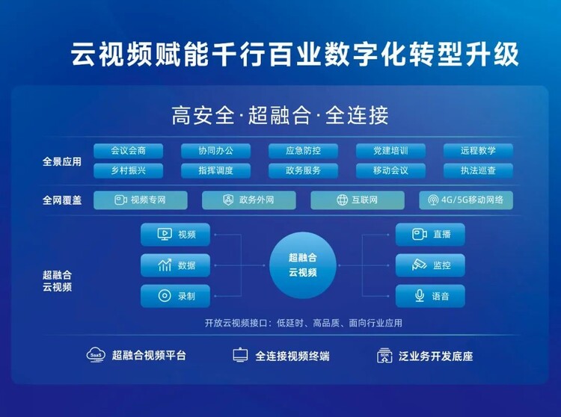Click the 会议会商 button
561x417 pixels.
[x=128, y=151]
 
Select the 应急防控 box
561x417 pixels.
[x=303, y=151]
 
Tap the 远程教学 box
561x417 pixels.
[x=478, y=151]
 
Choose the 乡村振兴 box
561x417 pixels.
[x=128, y=170]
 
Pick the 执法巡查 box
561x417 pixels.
[x=478, y=170]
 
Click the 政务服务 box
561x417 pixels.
[x=303, y=170]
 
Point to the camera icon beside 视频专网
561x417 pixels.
[x=120, y=200]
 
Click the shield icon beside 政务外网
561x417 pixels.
[x=228, y=200]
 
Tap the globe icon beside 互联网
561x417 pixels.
[x=342, y=200]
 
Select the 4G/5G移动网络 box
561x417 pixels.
[x=466, y=200]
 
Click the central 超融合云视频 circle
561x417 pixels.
[x=303, y=265]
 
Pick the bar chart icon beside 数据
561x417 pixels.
[x=165, y=265]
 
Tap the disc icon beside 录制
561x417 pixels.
[x=165, y=296]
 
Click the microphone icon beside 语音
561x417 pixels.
[x=420, y=296]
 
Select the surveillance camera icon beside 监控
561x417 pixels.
[x=419, y=265]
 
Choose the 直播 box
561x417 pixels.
[x=430, y=235]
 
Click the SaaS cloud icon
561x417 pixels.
[x=96, y=355]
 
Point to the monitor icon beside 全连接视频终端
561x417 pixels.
[x=240, y=355]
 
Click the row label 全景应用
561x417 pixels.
[x=62, y=161]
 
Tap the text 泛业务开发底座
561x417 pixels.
[x=436, y=356]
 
